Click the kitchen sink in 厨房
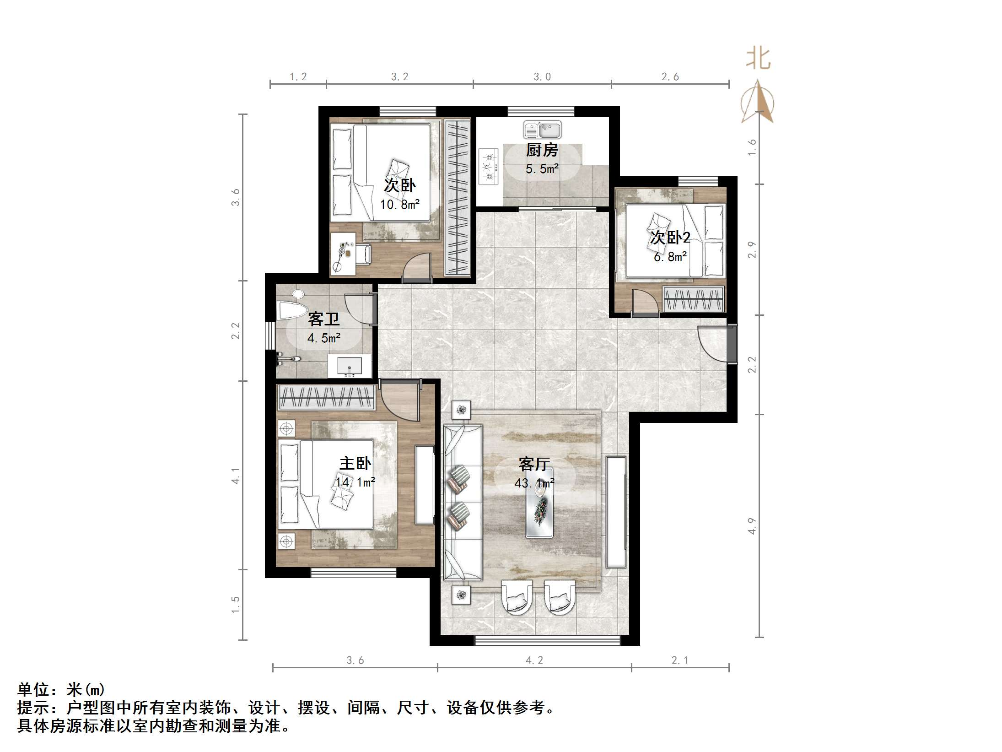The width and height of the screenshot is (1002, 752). [542, 130]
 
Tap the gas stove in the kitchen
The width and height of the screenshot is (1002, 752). [489, 167]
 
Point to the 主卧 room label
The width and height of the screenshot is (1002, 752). [355, 463]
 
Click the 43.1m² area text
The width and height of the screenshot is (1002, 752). [534, 483]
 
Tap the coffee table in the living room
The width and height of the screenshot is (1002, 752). [539, 503]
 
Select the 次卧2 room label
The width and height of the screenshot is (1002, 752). [670, 238]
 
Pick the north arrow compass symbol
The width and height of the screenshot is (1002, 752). [758, 102]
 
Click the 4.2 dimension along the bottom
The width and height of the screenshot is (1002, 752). [534, 660]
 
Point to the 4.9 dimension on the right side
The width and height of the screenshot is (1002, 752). [752, 526]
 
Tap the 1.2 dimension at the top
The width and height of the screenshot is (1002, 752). [298, 77]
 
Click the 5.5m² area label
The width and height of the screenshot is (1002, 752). [542, 169]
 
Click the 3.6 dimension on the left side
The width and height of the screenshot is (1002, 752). [236, 197]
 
